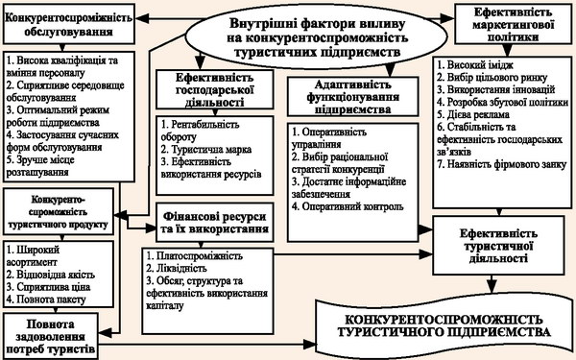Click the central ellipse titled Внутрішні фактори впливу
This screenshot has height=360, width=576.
(x=316, y=37)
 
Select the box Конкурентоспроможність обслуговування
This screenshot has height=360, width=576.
(x=69, y=24)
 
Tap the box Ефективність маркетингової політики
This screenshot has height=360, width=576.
(x=514, y=24)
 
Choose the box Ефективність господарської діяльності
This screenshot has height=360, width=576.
(x=215, y=89)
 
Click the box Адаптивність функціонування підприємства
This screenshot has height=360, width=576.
(x=353, y=97)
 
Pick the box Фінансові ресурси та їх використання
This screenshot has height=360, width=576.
(x=215, y=223)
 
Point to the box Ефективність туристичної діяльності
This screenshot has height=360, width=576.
(x=499, y=246)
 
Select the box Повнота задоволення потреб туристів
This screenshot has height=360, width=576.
(x=51, y=336)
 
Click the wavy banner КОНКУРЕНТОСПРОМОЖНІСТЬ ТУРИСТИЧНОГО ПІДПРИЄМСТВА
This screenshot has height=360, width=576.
(x=444, y=325)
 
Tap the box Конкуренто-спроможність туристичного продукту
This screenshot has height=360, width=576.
(x=58, y=212)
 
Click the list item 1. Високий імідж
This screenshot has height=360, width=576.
(x=475, y=64)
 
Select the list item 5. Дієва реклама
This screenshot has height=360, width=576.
(x=473, y=114)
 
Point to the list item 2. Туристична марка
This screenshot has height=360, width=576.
(x=206, y=150)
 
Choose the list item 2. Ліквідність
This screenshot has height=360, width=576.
(x=177, y=268)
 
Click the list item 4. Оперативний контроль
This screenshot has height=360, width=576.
(x=348, y=206)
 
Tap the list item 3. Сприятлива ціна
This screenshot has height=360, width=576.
(x=49, y=287)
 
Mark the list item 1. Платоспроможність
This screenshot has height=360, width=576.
(x=194, y=255)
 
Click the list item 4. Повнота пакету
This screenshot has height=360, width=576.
(x=46, y=300)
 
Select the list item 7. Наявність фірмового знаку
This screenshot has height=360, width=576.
(x=502, y=164)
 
